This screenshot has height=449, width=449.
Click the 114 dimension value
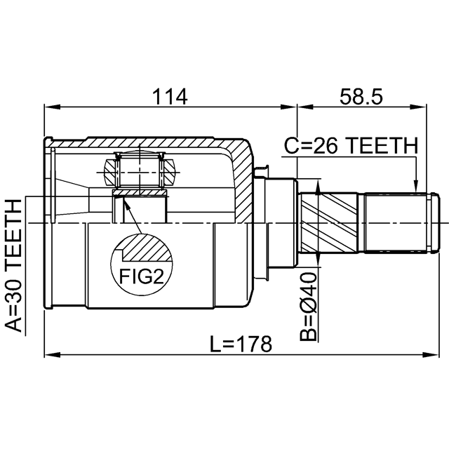(170, 97)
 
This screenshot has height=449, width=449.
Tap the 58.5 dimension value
(361, 97)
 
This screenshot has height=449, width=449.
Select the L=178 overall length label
(241, 344)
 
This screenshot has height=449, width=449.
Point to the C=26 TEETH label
(351, 145)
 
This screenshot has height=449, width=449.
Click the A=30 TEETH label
(14, 266)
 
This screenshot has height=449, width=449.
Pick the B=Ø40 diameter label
(309, 307)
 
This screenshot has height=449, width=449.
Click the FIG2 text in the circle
(142, 276)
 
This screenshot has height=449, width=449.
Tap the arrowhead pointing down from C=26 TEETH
(416, 185)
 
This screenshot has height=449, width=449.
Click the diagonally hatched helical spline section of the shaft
(329, 222)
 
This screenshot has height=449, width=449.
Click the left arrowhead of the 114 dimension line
(52, 107)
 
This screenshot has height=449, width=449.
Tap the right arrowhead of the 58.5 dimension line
(419, 107)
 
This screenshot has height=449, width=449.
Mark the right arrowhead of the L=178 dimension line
(431, 355)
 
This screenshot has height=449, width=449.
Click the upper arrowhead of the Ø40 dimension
(317, 187)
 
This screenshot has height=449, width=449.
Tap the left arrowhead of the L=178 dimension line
(52, 355)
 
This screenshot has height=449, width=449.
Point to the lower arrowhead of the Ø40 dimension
(317, 260)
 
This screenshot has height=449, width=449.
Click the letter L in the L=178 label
(215, 344)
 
